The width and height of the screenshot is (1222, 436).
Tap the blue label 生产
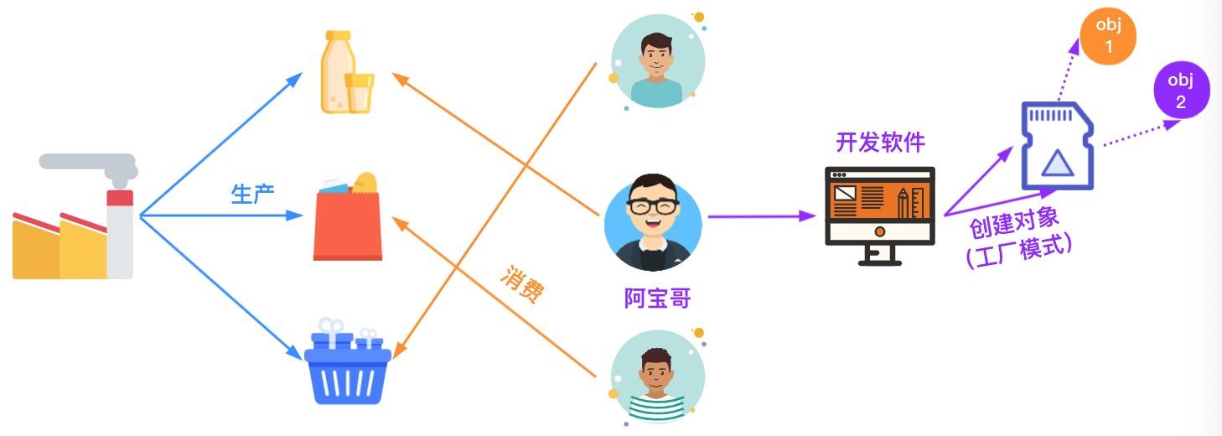click(x=253, y=194)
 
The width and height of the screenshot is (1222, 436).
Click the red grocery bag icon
click(x=348, y=218)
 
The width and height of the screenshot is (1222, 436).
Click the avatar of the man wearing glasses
click(x=653, y=222)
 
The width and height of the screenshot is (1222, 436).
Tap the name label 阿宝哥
click(x=658, y=298)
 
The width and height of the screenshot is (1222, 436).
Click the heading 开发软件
click(x=880, y=142)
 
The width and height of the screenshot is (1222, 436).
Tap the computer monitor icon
click(x=879, y=214)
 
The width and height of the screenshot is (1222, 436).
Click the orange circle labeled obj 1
click(x=1108, y=36)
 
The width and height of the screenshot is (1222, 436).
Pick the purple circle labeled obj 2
click(x=1181, y=91)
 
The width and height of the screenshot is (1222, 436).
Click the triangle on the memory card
click(x=1057, y=163)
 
